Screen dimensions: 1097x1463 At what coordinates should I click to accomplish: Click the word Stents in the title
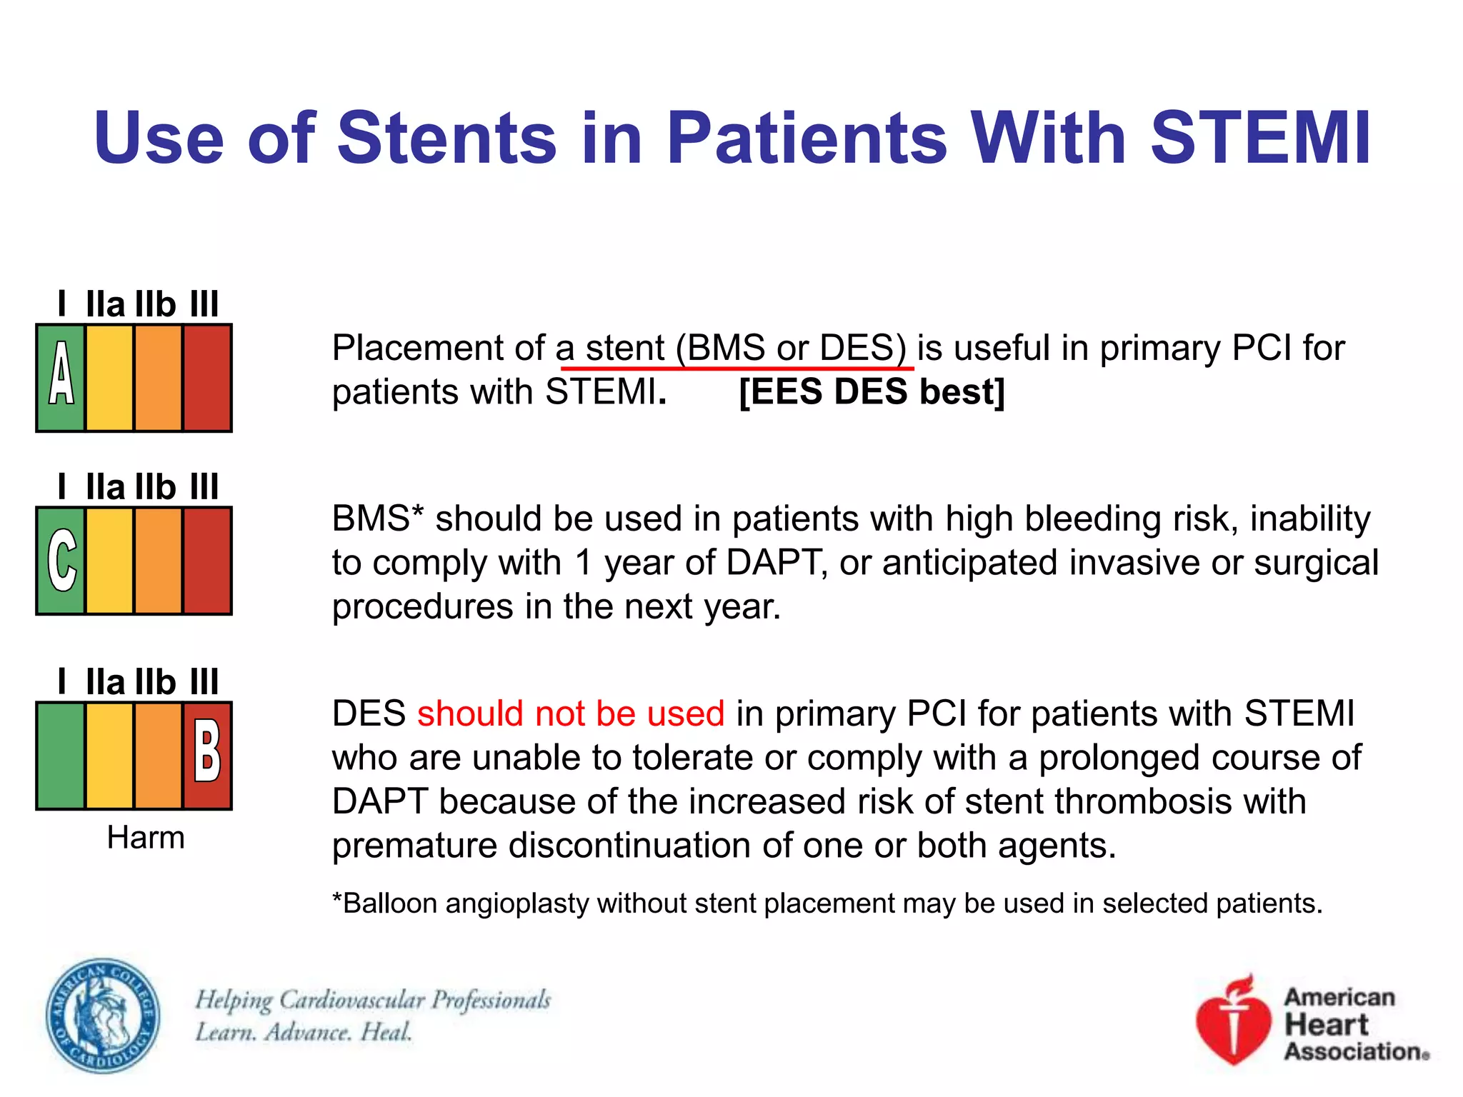(446, 138)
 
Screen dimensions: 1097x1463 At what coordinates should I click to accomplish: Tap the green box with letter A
(61, 377)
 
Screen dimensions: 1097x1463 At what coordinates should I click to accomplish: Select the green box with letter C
(61, 561)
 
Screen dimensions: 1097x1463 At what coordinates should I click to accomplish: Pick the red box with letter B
(207, 755)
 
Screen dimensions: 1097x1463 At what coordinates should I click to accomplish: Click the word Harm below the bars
(145, 837)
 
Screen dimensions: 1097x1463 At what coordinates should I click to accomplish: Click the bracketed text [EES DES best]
(872, 391)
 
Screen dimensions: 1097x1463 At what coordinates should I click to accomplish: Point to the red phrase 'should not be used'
(571, 713)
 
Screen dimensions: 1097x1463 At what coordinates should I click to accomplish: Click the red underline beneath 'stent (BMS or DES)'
(737, 369)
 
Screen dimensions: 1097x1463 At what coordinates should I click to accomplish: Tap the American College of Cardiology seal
(103, 1016)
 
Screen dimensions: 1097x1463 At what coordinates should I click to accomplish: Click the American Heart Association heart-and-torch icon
(1234, 1020)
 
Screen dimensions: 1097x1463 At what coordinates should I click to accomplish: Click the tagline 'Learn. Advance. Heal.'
(304, 1032)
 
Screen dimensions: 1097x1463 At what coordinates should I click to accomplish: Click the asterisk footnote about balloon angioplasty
(827, 903)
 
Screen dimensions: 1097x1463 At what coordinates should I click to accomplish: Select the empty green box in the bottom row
(61, 755)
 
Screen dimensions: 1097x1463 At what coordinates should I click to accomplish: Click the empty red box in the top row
(207, 377)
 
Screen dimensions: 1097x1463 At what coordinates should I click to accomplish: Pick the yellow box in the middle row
(109, 561)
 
